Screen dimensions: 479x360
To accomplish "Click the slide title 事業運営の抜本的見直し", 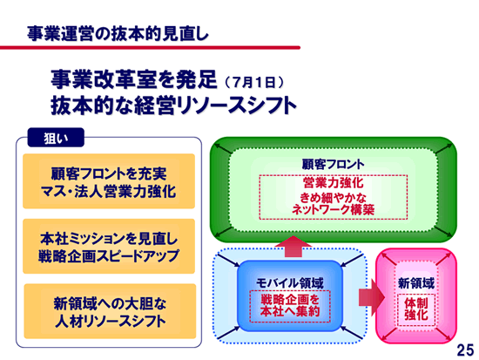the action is (118, 33).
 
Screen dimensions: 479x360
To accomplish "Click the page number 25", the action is (465, 350).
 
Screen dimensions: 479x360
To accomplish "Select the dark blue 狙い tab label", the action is (56, 138).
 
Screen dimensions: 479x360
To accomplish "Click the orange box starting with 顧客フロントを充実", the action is (109, 181).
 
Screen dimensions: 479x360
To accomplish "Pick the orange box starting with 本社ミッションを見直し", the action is (109, 246).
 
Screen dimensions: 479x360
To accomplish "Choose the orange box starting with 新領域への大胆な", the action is (110, 311).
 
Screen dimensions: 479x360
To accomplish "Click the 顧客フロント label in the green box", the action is (333, 164).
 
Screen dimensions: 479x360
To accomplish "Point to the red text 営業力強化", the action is (333, 182).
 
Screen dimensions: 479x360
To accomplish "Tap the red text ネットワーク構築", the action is (333, 210).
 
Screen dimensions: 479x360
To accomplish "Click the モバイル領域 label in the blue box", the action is (290, 283).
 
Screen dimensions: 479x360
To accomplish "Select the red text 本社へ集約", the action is (290, 311).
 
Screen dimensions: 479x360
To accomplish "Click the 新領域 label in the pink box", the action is (416, 283).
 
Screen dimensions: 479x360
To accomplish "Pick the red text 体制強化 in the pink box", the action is (416, 309).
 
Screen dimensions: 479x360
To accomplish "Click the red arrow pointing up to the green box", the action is (293, 247).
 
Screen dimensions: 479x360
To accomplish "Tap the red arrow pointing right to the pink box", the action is (372, 297).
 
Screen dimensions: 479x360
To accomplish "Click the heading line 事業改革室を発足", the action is (134, 79).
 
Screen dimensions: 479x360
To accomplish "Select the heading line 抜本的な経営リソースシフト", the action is (174, 105).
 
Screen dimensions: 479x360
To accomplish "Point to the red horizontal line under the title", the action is (150, 47).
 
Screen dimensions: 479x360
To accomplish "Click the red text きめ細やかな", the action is (333, 198).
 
